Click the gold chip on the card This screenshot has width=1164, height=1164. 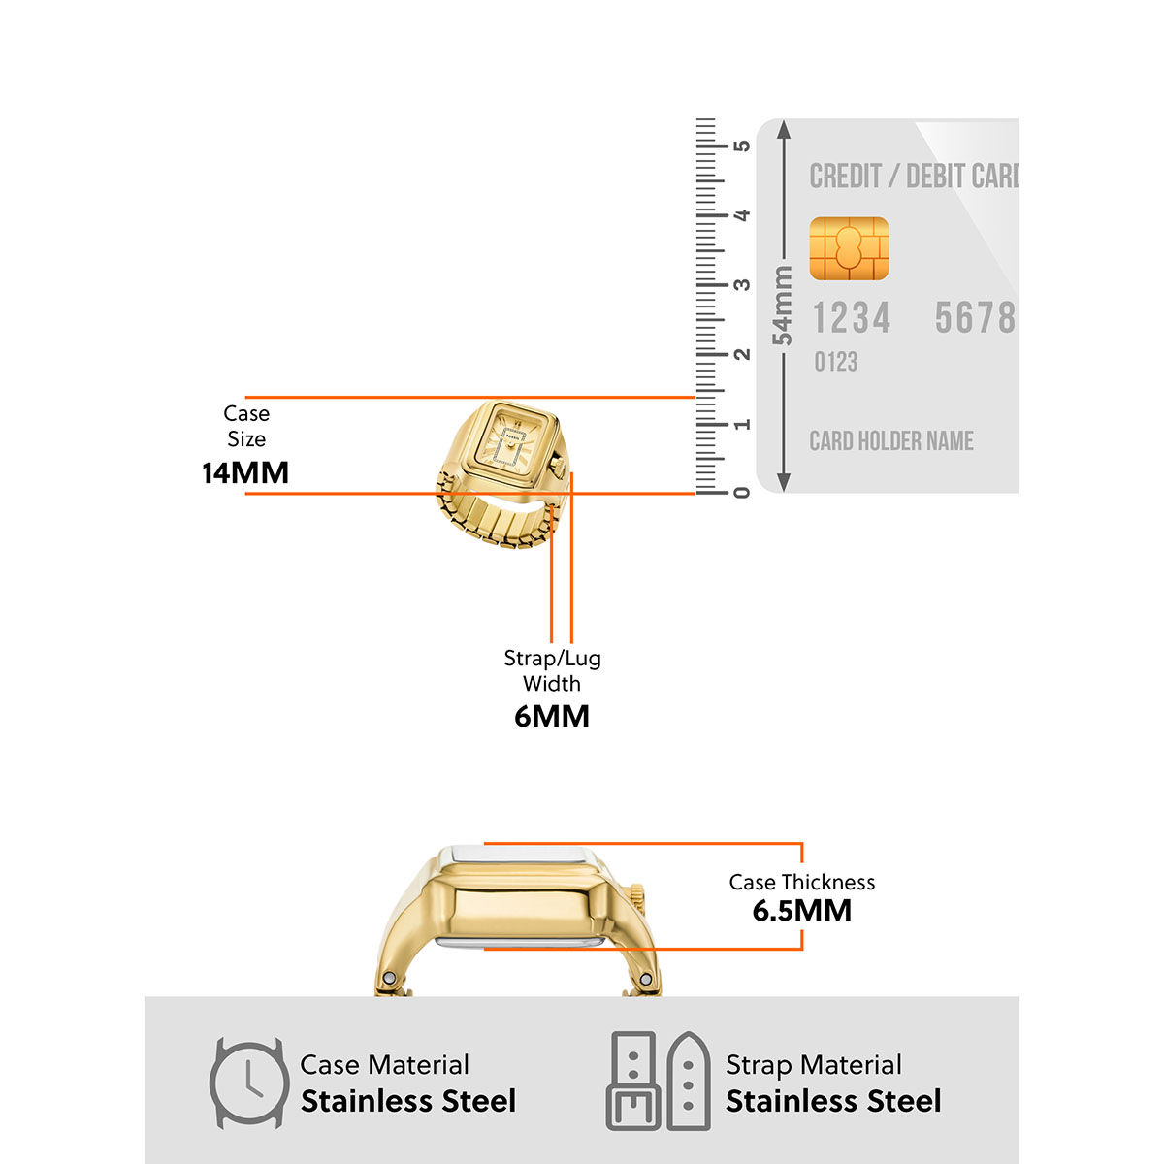pos(849,249)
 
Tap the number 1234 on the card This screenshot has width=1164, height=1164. pos(851,318)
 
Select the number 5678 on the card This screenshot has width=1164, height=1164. pos(974,318)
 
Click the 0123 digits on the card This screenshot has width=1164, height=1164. pos(835,363)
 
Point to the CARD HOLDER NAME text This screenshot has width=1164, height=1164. pos(890,441)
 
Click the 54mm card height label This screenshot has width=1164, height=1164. pos(782,306)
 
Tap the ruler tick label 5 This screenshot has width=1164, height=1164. pos(742,145)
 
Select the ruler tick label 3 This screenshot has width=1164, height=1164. pos(742,284)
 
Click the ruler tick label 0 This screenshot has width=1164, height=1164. pos(742,493)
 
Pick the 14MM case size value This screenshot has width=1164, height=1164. pos(245,473)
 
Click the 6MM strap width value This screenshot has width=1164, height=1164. pos(552,717)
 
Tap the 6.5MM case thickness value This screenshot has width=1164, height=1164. pos(802,911)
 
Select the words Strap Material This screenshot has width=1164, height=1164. pos(813,1065)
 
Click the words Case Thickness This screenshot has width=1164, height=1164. pos(802,883)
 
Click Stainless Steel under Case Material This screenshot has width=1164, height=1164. pos(407,1102)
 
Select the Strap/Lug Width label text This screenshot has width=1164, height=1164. pos(552,670)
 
